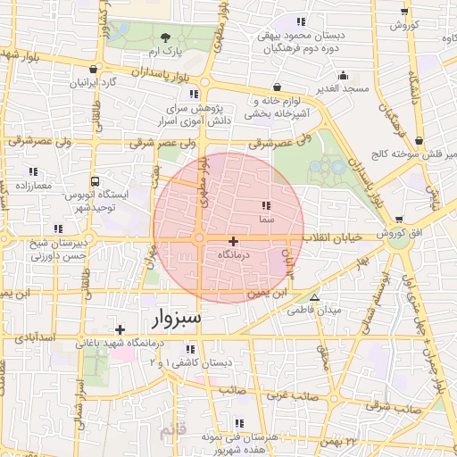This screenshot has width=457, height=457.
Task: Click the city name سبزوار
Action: (x=171, y=317)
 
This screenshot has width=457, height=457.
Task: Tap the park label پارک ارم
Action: (x=165, y=51)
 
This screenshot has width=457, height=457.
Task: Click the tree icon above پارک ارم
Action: (x=165, y=37)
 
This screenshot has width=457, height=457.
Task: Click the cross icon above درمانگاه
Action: (x=234, y=241)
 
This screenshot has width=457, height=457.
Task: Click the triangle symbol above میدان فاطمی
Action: (x=313, y=298)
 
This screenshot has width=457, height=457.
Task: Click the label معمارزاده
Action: (x=34, y=186)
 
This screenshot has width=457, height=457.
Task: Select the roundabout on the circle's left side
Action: (x=198, y=238)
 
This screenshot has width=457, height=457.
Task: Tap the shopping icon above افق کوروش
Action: (x=398, y=220)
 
